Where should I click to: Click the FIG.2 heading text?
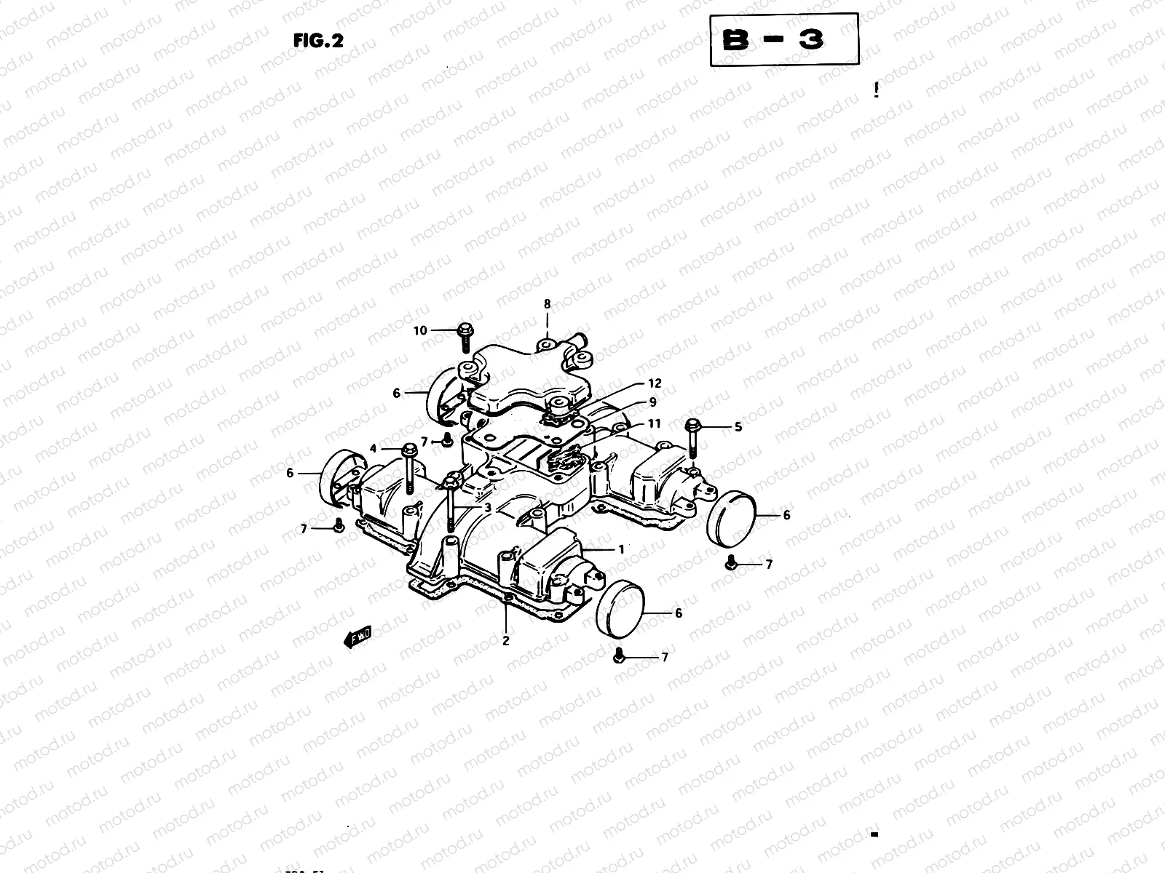(x=317, y=41)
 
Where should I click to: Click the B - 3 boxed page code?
(x=783, y=40)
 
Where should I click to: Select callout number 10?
(x=420, y=331)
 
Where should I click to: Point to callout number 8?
(x=548, y=304)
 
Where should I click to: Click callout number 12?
(x=655, y=383)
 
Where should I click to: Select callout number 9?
(x=652, y=402)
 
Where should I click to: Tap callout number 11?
(x=654, y=423)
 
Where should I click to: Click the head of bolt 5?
(x=692, y=425)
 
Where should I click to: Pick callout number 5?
(x=738, y=427)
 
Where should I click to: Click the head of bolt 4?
(x=408, y=451)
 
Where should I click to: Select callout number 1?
(x=621, y=550)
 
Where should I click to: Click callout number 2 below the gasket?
(x=505, y=641)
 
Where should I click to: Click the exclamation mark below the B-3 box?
(x=877, y=90)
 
